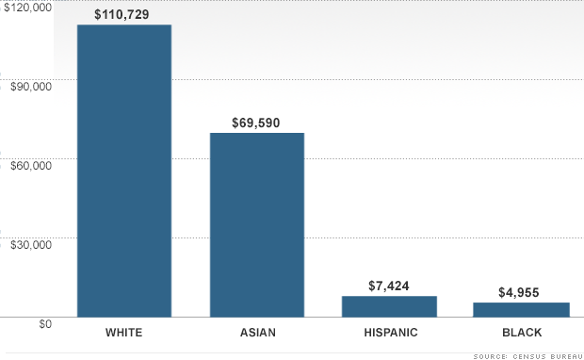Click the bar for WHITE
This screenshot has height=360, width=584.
coord(124,172)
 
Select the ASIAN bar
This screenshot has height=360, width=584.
coord(257,225)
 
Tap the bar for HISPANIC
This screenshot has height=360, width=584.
coord(389,306)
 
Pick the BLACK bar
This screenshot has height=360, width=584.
coord(522,310)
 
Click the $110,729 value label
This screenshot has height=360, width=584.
coord(122,14)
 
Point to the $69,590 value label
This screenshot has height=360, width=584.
coord(256,123)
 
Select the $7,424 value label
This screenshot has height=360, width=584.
coord(389,286)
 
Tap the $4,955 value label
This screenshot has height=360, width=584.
coord(519,292)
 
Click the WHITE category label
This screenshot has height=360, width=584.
coord(124,333)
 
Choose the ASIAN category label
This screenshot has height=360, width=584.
coord(258,333)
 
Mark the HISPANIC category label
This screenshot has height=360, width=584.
coord(391,333)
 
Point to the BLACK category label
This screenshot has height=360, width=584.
coord(522,333)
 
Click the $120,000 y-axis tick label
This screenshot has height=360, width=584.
coord(28,8)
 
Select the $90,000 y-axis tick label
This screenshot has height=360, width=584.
coord(31,87)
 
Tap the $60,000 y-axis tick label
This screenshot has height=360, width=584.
coord(31,166)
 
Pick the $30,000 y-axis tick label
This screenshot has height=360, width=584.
coord(31,245)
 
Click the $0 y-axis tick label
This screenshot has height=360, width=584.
coord(45,324)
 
